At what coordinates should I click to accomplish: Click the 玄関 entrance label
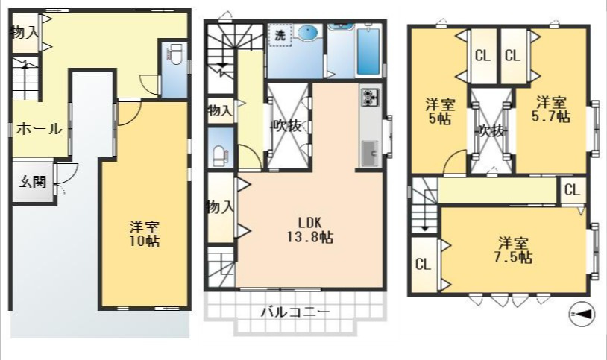[33, 182]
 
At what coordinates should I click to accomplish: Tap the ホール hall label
[39, 128]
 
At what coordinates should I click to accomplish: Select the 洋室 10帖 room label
[144, 233]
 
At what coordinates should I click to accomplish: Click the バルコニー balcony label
[295, 312]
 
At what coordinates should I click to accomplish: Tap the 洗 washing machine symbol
[280, 35]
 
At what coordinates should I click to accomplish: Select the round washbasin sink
[309, 32]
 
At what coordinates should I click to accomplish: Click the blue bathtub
[368, 51]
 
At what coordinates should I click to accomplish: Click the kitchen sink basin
[371, 153]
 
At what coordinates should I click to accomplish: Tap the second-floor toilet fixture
[221, 156]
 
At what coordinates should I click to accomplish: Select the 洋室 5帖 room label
[440, 111]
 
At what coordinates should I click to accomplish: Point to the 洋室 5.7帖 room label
[551, 110]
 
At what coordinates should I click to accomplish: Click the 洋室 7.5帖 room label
[513, 250]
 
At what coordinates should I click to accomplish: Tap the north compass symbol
[582, 314]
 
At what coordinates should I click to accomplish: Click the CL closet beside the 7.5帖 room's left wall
[423, 265]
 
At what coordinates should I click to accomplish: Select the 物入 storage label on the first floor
[25, 32]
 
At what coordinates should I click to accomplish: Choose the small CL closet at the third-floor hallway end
[572, 190]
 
